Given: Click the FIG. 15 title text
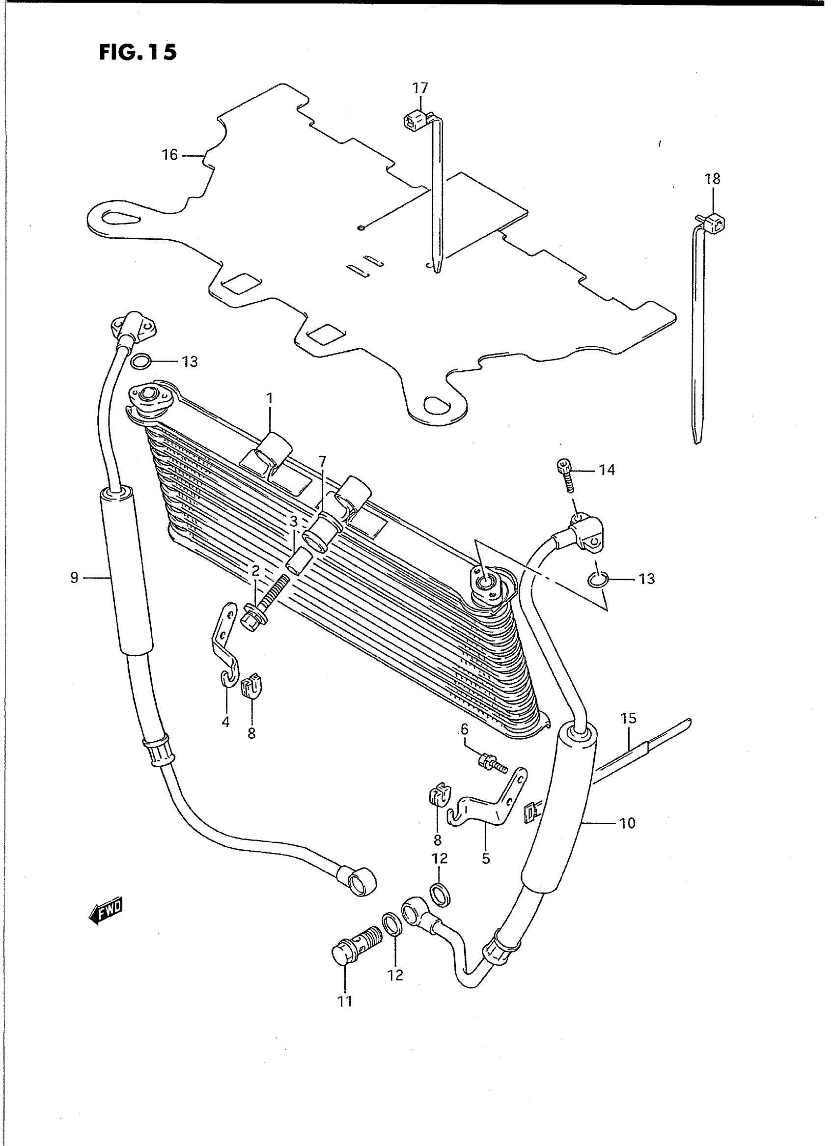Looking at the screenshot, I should (x=138, y=52).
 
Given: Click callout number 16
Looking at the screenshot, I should (x=170, y=155).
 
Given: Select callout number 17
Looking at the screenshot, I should (x=420, y=88).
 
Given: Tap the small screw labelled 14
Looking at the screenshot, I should (x=566, y=473).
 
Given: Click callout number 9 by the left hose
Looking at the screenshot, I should (x=74, y=577).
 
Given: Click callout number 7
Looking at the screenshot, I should (x=322, y=461).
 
